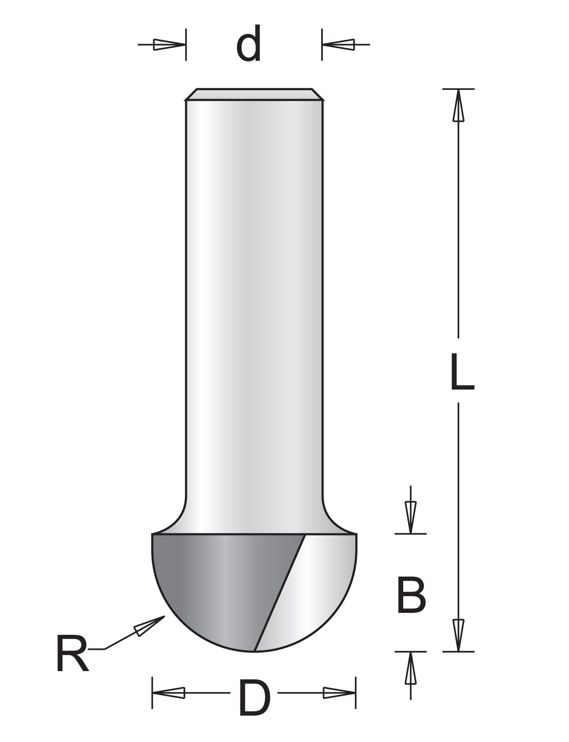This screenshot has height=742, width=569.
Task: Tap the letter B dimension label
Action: click(411, 595)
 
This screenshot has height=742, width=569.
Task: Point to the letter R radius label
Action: click(72, 653)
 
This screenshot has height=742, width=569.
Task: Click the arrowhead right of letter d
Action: click(339, 44)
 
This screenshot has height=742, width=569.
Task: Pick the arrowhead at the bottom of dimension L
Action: click(458, 634)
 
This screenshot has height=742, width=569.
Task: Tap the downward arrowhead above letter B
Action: click(411, 517)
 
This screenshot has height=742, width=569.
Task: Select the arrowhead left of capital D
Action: click(169, 693)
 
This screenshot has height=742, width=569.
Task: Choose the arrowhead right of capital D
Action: click(339, 693)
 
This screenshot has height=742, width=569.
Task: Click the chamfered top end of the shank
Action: click(254, 95)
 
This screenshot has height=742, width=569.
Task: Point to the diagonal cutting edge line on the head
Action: click(280, 592)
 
